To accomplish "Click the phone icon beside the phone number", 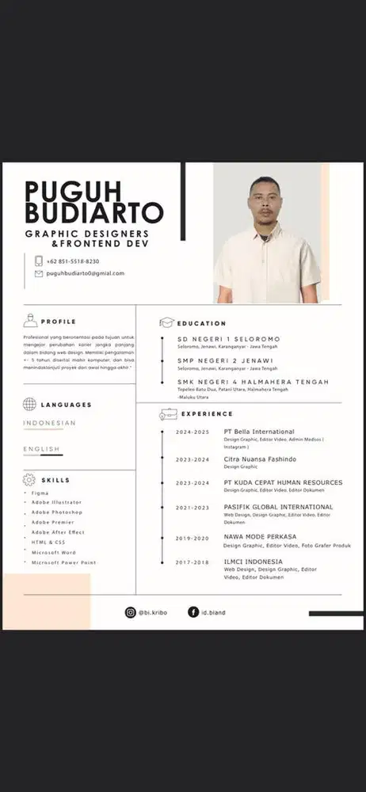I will (38, 261).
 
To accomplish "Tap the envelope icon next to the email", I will (38, 273).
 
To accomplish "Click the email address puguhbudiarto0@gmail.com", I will (86, 273).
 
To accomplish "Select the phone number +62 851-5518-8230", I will (73, 261).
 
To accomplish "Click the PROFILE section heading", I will (59, 322).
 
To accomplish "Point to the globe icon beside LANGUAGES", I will (30, 404).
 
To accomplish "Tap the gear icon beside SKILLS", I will (30, 480).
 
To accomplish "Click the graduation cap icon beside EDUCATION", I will (166, 323).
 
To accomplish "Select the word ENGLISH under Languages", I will (41, 449).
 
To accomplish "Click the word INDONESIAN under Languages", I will (49, 423).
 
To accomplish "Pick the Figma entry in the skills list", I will (40, 493).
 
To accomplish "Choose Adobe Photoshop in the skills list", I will (57, 512).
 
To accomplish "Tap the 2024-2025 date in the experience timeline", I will (193, 432).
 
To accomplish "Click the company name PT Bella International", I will (259, 432).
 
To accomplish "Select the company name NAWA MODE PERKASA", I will (260, 537).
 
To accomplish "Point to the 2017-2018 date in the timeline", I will (193, 562).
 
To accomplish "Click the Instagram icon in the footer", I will (131, 611).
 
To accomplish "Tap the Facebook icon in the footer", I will (193, 611).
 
